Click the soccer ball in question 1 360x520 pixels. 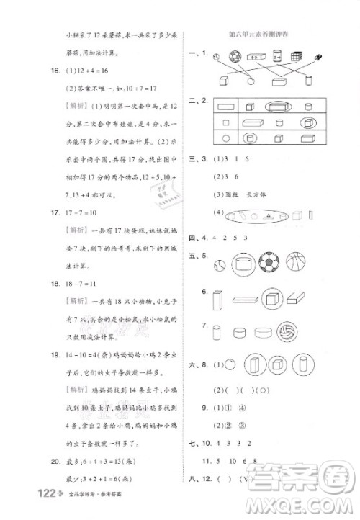[235, 55]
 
